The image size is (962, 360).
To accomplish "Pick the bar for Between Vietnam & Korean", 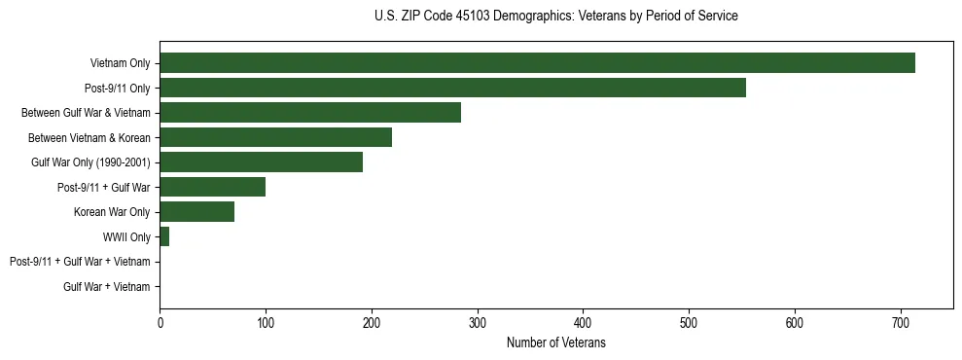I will (275, 137).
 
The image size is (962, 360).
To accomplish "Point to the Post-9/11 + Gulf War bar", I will (212, 187).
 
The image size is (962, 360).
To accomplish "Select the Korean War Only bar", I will (196, 212).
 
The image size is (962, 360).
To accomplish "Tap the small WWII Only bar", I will (164, 236).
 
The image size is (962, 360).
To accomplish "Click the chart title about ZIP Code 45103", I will (555, 17).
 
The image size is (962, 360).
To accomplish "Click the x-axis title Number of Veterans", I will (555, 342).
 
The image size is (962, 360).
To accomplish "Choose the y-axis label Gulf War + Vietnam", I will (107, 286).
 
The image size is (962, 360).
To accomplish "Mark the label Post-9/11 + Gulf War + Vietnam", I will (80, 262).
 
